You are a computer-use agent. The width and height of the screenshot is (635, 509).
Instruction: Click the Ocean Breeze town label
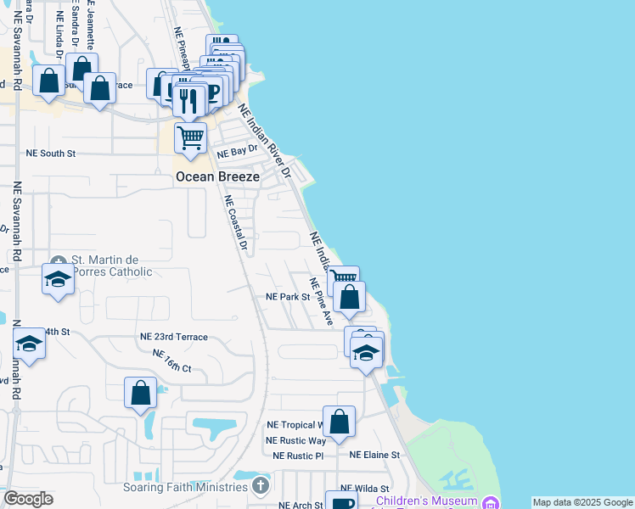pos(217,176)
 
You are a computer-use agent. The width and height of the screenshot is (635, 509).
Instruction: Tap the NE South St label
pos(51,154)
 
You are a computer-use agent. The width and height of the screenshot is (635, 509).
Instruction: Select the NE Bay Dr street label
pos(236,154)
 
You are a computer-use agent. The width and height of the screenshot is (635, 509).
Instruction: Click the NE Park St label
pos(288,297)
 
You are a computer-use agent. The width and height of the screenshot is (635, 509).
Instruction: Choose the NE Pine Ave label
pos(321,302)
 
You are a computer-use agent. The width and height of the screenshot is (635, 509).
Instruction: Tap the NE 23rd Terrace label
pos(174,337)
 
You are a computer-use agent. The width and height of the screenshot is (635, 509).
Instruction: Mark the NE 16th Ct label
pos(172,361)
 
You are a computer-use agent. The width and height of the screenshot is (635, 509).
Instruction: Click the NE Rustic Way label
pos(295,440)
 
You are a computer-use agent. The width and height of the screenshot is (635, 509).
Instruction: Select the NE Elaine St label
pos(374,456)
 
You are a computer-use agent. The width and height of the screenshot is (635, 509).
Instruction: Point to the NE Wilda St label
pos(364,489)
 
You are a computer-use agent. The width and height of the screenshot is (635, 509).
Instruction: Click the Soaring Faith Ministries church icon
pos(261,486)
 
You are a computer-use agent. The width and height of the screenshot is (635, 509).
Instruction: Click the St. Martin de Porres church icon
pos(57,260)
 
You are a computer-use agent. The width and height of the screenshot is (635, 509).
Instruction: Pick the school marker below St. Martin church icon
pos(58,278)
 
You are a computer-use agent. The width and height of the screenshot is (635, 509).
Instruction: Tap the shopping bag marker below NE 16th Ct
pos(141,393)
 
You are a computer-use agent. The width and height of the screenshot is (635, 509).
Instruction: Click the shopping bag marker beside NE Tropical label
pos(339,422)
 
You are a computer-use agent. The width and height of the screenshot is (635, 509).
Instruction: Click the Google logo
pos(28,499)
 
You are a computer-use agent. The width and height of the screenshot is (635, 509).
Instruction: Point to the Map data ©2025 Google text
pos(582,502)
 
